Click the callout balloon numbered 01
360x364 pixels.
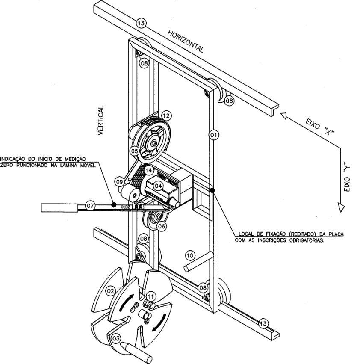(213, 135)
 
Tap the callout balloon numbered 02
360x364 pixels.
(110, 291)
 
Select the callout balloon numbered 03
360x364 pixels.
(116, 338)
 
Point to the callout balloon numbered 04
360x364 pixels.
(158, 186)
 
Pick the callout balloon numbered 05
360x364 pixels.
(135, 151)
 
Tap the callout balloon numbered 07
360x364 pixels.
(90, 205)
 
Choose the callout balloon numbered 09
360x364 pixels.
(120, 182)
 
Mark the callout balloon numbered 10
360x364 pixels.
(190, 256)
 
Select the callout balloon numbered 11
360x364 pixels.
(150, 296)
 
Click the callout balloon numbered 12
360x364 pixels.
(166, 115)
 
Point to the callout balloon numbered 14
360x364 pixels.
(149, 171)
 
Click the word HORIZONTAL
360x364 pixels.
(185, 41)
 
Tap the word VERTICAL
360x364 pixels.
(100, 121)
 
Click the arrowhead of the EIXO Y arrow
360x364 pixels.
(341, 207)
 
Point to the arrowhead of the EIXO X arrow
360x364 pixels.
(283, 115)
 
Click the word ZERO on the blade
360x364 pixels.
(125, 206)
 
